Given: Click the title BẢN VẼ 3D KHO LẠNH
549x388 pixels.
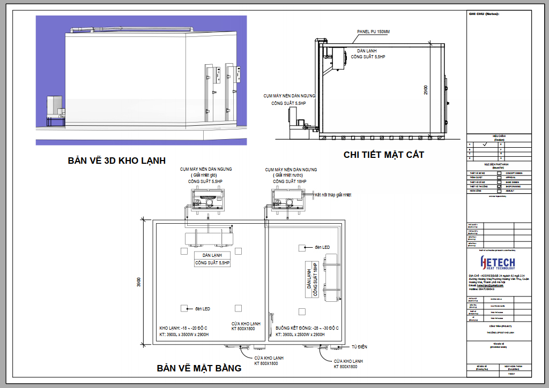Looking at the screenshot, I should pos(116,161).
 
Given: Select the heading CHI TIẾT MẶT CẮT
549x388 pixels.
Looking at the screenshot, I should pos(383,155).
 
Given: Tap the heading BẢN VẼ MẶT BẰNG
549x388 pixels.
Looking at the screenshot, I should pos(199,368).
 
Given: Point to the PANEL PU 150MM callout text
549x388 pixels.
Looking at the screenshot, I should pos(374,32).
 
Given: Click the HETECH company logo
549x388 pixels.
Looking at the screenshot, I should pos(498,262).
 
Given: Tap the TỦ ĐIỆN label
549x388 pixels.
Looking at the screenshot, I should pos(359,347).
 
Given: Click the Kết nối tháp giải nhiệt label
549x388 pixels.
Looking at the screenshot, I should pos(333,195).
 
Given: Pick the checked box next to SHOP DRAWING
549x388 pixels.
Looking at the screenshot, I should pos(499,186).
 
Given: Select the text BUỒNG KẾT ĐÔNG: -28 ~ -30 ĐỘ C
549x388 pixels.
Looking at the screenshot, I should pos(307,328).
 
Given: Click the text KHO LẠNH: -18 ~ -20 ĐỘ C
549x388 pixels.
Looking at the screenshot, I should pos(183,328).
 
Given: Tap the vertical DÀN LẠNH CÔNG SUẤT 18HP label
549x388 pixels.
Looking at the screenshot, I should pos(312,279).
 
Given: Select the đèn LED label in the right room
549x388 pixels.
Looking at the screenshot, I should pos(322,247).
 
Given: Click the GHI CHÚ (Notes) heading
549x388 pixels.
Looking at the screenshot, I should pos(484,14).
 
